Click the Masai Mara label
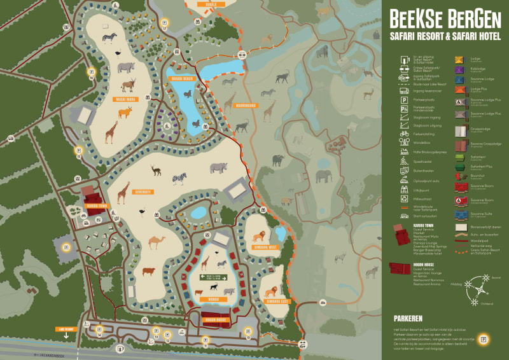tap(125, 99)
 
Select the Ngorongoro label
tap(246, 106)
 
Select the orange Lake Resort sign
tap(66, 329)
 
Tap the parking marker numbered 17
tap(164, 29)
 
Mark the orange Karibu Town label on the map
tap(96, 206)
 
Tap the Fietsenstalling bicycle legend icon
tap(403, 134)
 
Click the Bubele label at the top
tap(202, 3)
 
